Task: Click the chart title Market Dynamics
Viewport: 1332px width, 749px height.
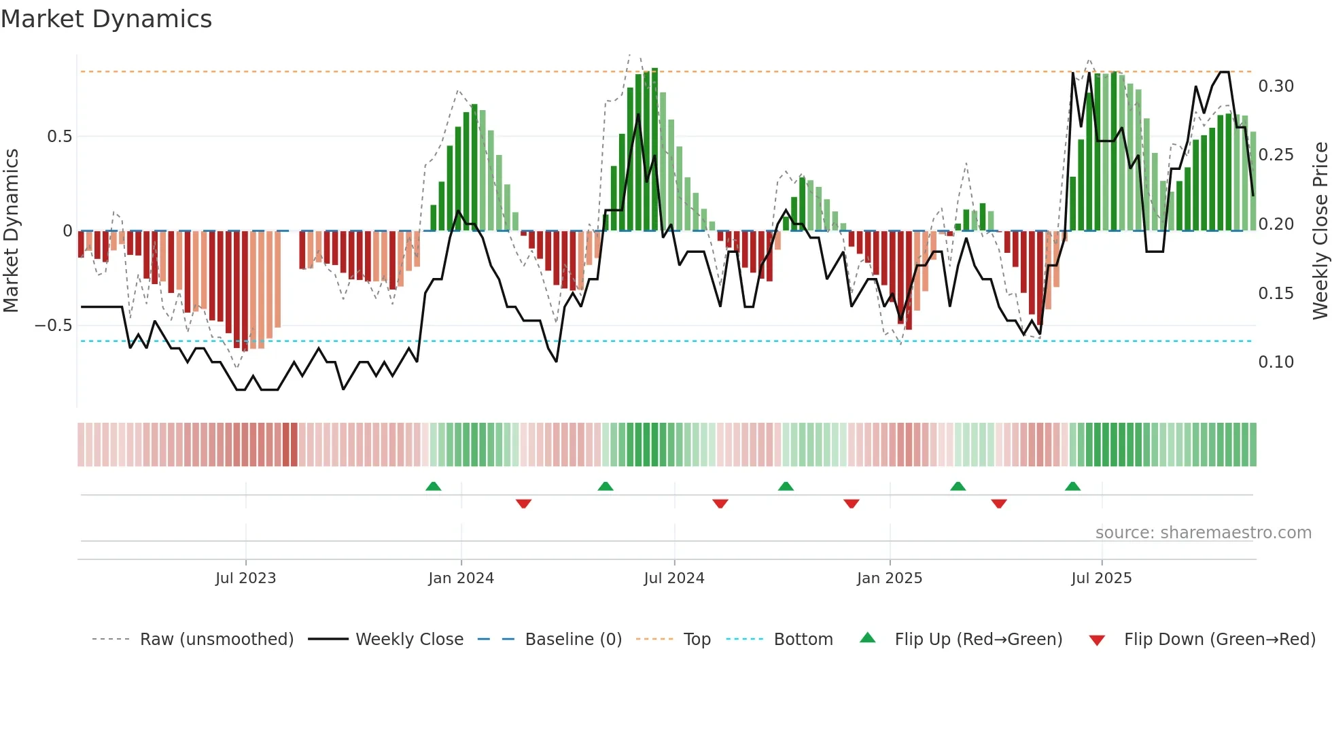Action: click(107, 19)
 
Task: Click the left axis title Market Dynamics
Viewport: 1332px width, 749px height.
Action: click(11, 230)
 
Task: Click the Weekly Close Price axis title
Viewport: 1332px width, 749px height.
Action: click(1320, 230)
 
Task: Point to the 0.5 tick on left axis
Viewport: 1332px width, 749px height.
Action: click(59, 137)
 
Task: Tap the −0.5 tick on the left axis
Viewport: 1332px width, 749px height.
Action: click(54, 326)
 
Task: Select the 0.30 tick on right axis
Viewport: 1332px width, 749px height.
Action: click(1276, 86)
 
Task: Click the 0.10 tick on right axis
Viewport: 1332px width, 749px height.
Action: click(1276, 362)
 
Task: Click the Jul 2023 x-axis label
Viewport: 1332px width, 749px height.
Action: click(245, 578)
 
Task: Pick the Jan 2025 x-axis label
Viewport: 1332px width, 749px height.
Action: click(889, 578)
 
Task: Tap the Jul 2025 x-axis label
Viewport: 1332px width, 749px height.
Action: click(1101, 578)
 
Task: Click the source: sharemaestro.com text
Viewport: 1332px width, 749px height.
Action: click(1203, 533)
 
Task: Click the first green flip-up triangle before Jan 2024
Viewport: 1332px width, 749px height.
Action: click(433, 486)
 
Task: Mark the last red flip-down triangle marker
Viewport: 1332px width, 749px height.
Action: click(998, 504)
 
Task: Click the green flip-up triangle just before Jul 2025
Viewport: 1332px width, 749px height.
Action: click(1072, 486)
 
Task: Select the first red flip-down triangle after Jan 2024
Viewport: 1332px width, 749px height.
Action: click(523, 504)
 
